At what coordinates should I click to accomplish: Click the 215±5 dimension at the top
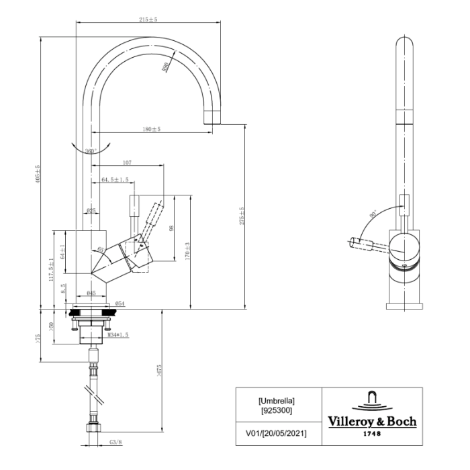pos(148,19)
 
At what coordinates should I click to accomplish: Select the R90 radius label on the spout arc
pos(165,68)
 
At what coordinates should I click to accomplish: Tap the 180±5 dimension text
pos(151,128)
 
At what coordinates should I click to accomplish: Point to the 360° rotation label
pos(91,151)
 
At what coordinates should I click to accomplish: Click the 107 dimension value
pos(127,162)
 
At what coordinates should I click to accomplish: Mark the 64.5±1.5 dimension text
pos(115,179)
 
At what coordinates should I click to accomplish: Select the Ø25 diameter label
pos(91,211)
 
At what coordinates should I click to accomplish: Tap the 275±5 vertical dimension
pos(241,216)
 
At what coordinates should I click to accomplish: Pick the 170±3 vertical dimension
pos(189,251)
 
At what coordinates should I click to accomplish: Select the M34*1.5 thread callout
pos(118,334)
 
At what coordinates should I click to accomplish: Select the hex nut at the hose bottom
pos(92,427)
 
